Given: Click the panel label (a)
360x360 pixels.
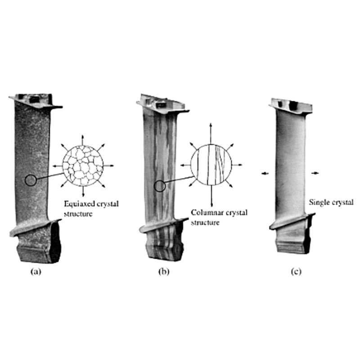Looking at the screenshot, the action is [x=36, y=272].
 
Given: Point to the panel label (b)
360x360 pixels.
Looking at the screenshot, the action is [x=164, y=272].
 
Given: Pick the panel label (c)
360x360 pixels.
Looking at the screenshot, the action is [x=296, y=272].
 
